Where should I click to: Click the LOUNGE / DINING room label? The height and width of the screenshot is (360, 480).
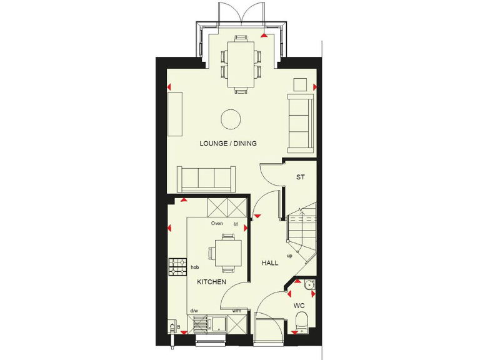228,143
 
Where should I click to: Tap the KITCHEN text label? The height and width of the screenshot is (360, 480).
211,282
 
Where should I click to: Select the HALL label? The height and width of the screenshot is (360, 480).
270,263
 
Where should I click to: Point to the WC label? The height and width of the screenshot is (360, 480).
299,306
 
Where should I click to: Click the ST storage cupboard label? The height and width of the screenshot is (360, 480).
300,177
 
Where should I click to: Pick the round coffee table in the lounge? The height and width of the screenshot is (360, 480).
231,119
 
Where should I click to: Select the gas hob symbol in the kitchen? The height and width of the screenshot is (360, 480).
177,267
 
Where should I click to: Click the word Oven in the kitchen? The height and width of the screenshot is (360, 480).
217,223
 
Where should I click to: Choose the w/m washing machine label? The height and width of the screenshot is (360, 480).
237,311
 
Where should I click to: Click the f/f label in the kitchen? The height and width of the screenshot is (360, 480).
236,223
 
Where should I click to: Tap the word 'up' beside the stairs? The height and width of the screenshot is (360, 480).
289,256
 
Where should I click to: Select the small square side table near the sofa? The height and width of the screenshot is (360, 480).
301,84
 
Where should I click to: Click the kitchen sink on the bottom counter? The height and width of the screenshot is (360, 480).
219,324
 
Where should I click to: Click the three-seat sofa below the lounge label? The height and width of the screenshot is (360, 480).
207,179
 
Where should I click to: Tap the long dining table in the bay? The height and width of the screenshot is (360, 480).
241,64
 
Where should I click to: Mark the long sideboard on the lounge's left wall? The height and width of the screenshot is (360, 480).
174,114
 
